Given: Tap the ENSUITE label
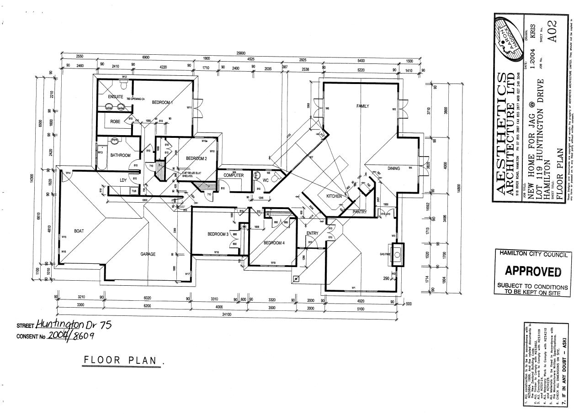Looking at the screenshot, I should coord(116,97).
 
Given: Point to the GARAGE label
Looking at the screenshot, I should coord(148,254).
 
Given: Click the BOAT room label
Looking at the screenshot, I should coord(79,231).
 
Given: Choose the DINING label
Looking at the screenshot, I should coord(393,168).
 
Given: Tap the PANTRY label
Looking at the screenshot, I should coord(360,212).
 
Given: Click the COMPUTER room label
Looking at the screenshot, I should coord(234,175).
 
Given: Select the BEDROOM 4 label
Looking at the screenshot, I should coord(274,243).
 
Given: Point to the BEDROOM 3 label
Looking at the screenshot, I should coord(218,234).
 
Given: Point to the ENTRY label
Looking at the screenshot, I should coord(313,234).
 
